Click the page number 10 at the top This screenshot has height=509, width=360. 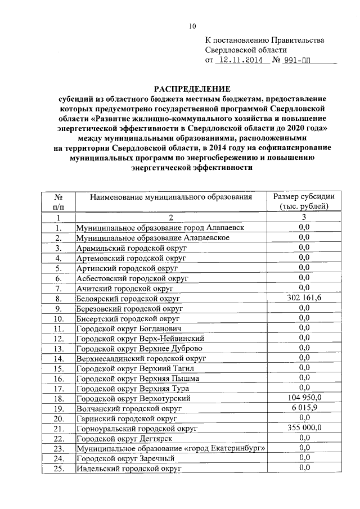[x=192, y=25]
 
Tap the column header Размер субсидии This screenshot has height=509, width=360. [x=304, y=197]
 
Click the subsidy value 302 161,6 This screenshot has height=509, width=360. [x=304, y=298]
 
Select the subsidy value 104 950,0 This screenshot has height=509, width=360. [x=304, y=398]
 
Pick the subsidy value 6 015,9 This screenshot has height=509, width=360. [x=304, y=408]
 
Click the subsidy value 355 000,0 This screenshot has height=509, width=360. [x=304, y=427]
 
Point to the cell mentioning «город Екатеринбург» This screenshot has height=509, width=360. [x=171, y=448]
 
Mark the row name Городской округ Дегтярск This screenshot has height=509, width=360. [x=124, y=438]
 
